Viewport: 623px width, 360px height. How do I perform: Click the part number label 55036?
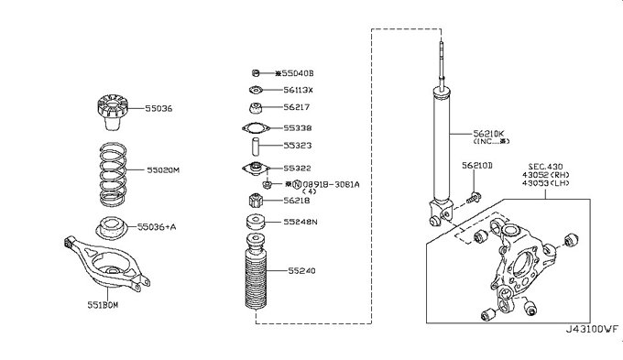click(x=158, y=108)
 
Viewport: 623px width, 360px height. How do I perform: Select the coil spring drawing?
click(x=113, y=174)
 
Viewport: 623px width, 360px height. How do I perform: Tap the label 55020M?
click(x=163, y=170)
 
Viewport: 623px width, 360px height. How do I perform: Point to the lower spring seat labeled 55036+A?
click(x=111, y=228)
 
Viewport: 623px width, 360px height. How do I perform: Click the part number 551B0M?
click(x=103, y=305)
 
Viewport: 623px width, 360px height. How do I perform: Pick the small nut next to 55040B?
click(x=256, y=73)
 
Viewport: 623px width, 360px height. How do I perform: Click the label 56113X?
click(x=298, y=90)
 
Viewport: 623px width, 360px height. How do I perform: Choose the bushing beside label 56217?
click(x=255, y=108)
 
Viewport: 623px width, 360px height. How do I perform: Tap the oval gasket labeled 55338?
click(x=256, y=128)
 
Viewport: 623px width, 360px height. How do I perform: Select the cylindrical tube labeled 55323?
click(x=255, y=147)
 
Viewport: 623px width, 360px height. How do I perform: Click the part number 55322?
click(x=297, y=168)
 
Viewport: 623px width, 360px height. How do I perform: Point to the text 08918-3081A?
click(x=332, y=184)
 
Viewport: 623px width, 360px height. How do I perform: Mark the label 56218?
click(x=297, y=201)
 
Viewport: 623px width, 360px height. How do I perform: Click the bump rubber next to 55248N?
click(x=256, y=222)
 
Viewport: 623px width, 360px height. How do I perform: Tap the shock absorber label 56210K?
click(x=488, y=133)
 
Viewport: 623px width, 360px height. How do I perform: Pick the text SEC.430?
click(x=545, y=167)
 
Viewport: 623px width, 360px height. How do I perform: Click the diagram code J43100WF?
click(x=592, y=330)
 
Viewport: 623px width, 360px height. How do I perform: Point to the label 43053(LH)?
click(x=545, y=183)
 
